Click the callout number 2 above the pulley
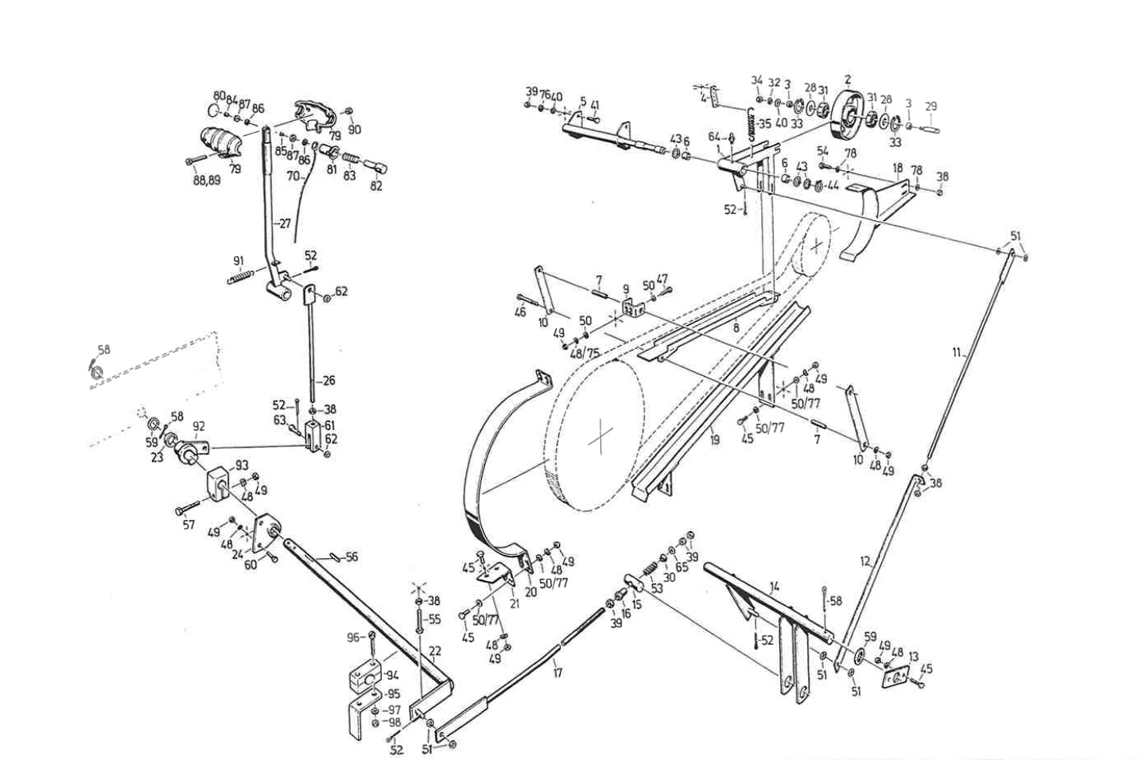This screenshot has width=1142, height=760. pos(848,79)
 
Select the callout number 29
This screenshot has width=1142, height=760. pos(930,107)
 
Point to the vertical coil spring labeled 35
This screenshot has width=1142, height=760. pos(748,123)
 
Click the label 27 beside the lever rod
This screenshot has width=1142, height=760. pos(285,224)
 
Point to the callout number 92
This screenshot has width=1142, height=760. pos(199,427)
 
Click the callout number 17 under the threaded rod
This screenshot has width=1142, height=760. pos(557,673)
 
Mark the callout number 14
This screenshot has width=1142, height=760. pos(775,586)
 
